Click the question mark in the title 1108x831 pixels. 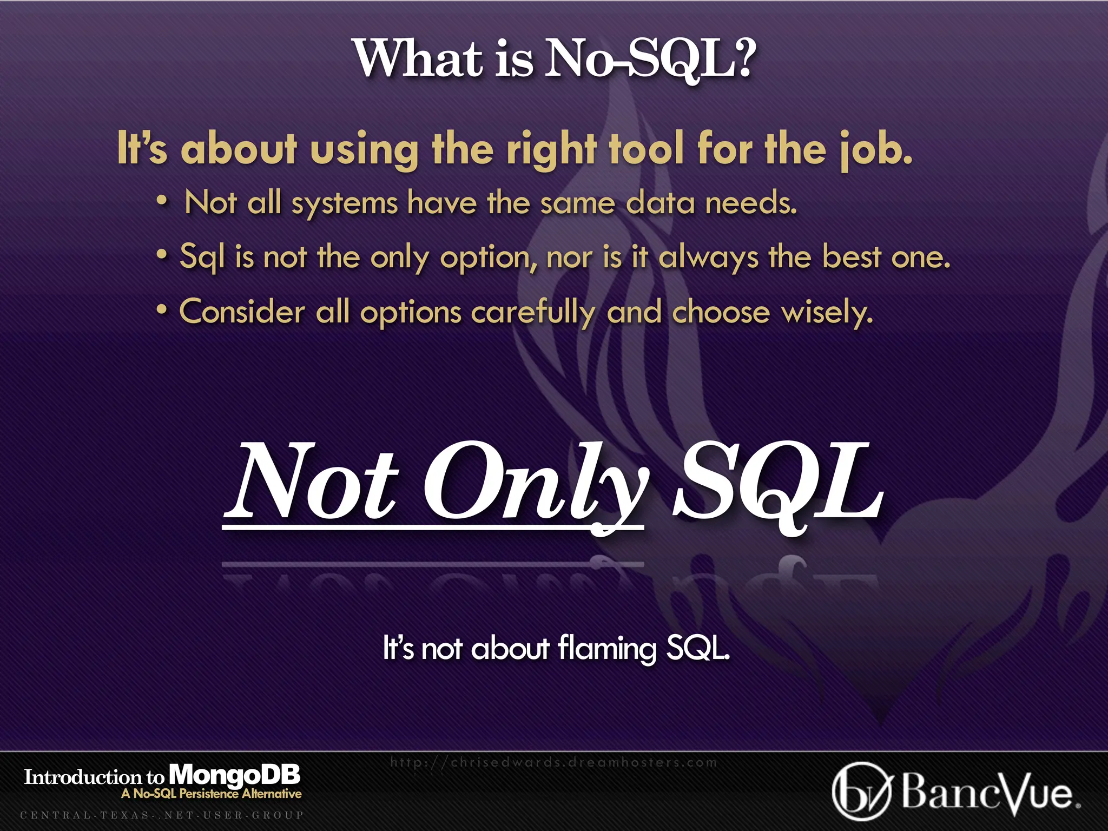pyautogui.click(x=739, y=58)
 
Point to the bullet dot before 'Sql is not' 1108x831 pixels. pyautogui.click(x=161, y=255)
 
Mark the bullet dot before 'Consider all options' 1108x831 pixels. pyautogui.click(x=161, y=311)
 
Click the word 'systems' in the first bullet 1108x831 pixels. pyautogui.click(x=345, y=205)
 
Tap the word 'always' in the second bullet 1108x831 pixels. pyautogui.click(x=708, y=258)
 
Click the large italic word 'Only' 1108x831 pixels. pyautogui.click(x=536, y=482)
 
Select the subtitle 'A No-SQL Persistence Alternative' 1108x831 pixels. pyautogui.click(x=212, y=794)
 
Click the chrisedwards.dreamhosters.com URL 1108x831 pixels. pyautogui.click(x=553, y=762)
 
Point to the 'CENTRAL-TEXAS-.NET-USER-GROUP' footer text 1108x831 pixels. pyautogui.click(x=162, y=815)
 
